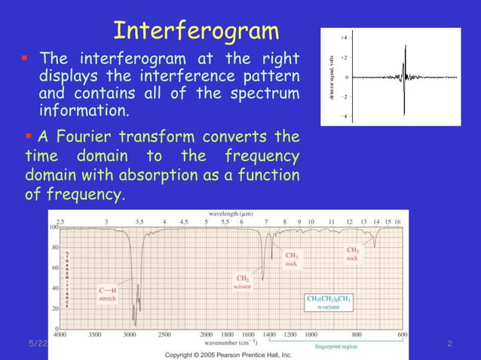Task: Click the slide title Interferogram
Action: (196, 31)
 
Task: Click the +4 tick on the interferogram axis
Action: (344, 37)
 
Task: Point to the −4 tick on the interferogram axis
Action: (344, 116)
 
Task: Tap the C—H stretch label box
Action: (108, 294)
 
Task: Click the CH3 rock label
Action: (291, 259)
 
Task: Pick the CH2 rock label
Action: (353, 254)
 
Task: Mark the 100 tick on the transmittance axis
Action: (54, 226)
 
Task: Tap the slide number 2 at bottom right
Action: (449, 344)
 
